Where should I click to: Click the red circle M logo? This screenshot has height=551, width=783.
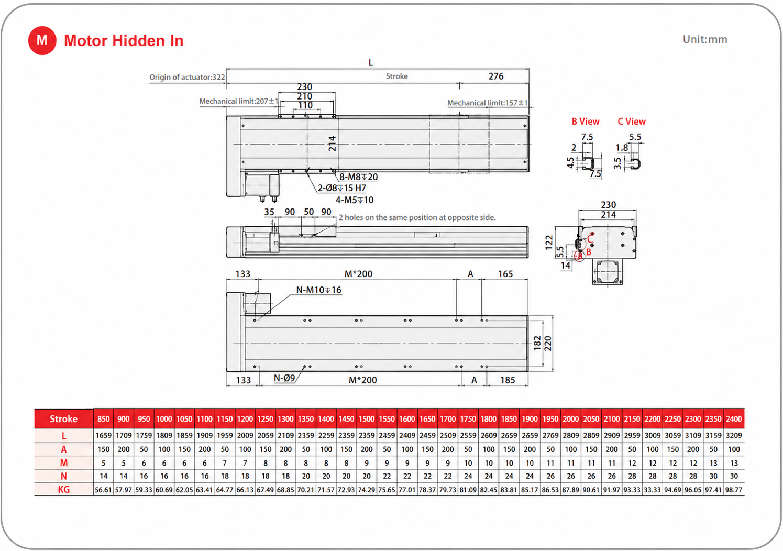click(x=42, y=40)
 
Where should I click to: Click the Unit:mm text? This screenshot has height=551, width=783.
click(x=705, y=39)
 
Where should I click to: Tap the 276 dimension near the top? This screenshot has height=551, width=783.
click(x=495, y=76)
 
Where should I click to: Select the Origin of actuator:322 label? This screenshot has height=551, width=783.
click(x=187, y=78)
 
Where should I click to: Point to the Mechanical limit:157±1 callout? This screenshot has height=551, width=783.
click(x=487, y=103)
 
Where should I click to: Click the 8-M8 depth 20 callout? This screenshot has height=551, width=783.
click(x=358, y=177)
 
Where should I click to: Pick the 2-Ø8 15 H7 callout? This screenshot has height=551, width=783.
click(x=341, y=188)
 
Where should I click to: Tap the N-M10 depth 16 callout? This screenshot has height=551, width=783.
click(x=318, y=290)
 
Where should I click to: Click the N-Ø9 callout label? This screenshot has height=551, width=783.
click(x=284, y=378)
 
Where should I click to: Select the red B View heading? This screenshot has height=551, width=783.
click(x=586, y=122)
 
